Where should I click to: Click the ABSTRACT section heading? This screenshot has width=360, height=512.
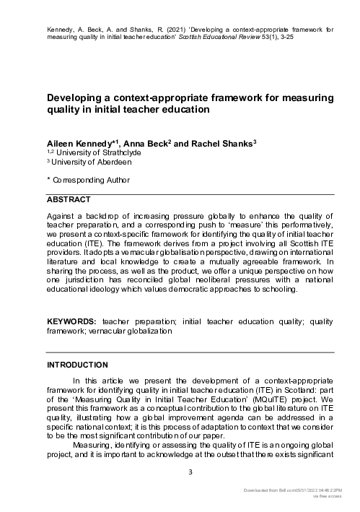coord(69,199)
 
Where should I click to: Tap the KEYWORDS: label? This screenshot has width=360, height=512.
coord(72,320)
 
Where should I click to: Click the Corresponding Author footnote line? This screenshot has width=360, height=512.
coord(86,181)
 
